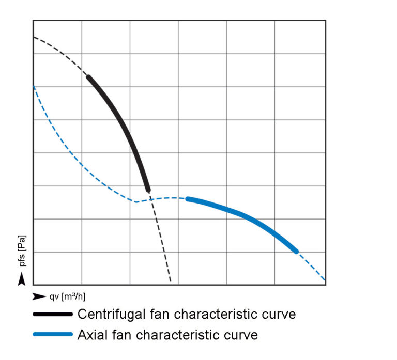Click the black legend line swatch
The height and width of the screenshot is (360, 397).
point(53,314)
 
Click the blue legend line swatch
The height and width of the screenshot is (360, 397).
point(53,335)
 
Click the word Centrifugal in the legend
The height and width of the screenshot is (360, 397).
point(109,314)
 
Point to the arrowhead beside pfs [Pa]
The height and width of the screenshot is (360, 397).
point(21,279)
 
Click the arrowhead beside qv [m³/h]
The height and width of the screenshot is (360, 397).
point(39,296)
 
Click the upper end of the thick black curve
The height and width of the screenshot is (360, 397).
point(88,77)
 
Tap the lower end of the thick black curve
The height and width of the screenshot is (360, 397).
point(148,190)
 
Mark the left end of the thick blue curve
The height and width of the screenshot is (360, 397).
point(188,199)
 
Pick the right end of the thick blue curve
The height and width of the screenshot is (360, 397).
point(296,251)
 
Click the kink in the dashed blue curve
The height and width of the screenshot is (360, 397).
point(135,201)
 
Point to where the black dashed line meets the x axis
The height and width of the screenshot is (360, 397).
point(171,284)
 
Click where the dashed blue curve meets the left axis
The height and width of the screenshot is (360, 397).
point(34,86)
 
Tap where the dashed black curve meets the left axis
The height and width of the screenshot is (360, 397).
point(34,37)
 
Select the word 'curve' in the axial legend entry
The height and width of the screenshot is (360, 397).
point(240,335)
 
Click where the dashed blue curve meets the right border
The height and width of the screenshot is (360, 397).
point(325,280)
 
